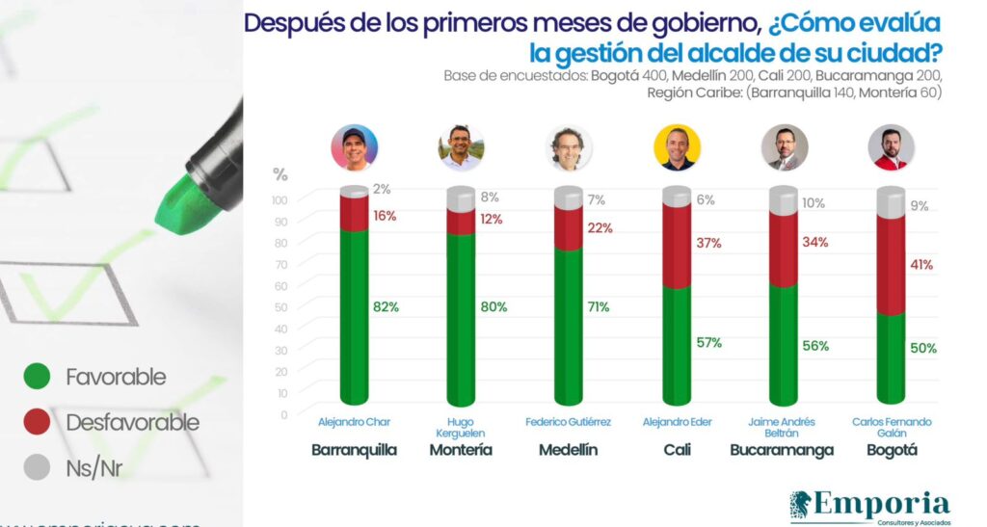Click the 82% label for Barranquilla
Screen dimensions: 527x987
(385, 306)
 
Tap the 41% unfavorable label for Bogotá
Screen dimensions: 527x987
(920, 264)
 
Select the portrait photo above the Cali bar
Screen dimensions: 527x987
(677, 147)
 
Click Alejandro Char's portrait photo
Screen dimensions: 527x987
(354, 147)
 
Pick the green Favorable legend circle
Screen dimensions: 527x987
(37, 377)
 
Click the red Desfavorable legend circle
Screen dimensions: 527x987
(37, 422)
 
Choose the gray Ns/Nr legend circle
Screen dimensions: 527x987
(37, 467)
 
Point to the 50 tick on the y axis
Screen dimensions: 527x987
(280, 307)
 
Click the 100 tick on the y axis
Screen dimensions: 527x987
(280, 200)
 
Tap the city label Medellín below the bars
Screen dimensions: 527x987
(569, 450)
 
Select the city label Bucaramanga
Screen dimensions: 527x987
(782, 450)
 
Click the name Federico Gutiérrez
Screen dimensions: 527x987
(569, 422)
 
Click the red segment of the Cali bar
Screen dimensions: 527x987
(677, 248)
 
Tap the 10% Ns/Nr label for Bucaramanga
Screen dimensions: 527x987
(813, 203)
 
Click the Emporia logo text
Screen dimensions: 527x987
(882, 504)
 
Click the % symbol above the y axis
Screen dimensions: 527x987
(280, 174)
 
